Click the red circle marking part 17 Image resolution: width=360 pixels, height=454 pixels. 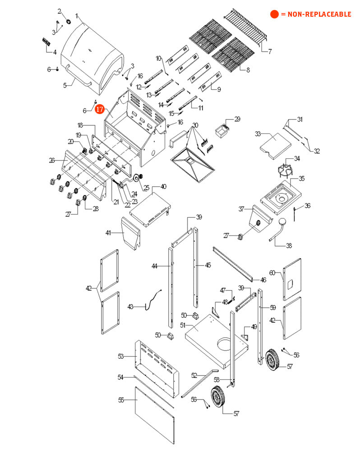click(100, 109)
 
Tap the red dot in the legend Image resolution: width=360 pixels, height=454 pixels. click(274, 14)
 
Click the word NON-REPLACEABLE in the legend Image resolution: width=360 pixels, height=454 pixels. click(319, 14)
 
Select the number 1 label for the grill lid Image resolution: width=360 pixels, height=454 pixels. click(77, 16)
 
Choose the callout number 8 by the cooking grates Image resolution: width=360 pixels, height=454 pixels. click(248, 70)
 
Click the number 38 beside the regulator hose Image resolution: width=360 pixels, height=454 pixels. click(289, 246)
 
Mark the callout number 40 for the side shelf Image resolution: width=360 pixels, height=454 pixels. click(163, 186)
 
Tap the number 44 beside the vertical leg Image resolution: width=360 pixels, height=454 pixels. click(154, 266)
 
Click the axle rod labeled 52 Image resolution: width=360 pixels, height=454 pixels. click(198, 383)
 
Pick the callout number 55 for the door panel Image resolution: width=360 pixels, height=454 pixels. click(121, 399)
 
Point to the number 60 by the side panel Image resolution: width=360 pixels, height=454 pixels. click(272, 273)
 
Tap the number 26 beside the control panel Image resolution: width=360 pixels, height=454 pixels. click(52, 160)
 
